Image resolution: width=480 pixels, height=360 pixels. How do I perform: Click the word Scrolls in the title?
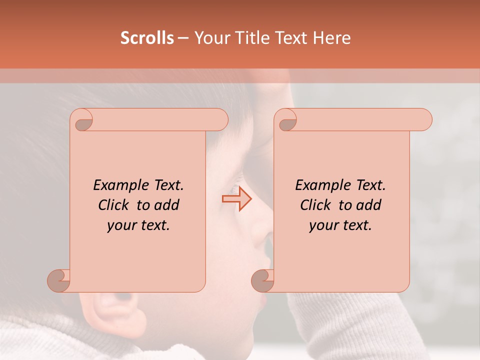[147, 38]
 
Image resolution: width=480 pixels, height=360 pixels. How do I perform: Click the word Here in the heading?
[331, 38]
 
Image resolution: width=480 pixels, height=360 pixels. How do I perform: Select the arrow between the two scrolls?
[237, 199]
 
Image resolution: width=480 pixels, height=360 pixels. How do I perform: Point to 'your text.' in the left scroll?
[138, 225]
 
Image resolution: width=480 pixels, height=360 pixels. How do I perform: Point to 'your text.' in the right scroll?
[340, 225]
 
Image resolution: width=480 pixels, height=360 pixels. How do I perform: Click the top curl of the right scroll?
[287, 120]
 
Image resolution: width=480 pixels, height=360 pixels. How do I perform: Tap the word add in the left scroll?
[167, 205]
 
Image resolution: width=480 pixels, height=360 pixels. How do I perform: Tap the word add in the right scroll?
[369, 205]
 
